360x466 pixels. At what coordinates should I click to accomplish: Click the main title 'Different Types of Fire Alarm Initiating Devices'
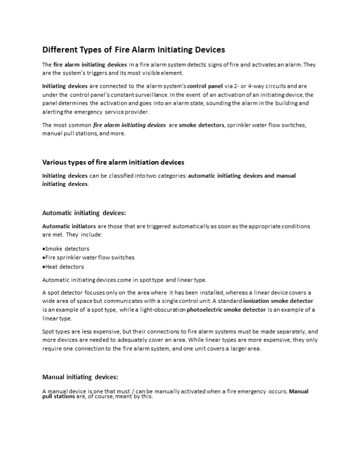pos(134,50)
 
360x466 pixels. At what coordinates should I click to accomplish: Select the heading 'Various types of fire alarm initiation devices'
pos(113,162)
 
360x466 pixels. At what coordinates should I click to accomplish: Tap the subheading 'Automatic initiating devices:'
pos(84,213)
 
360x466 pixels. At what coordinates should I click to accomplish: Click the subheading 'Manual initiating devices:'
pos(80,377)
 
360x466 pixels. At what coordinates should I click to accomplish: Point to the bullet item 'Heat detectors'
pos(64,266)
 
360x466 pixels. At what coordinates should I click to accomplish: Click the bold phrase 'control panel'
pos(205,86)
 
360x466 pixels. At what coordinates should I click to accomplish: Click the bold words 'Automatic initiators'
pos(69,226)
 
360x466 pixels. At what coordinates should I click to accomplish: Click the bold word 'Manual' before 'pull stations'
pos(299,391)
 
